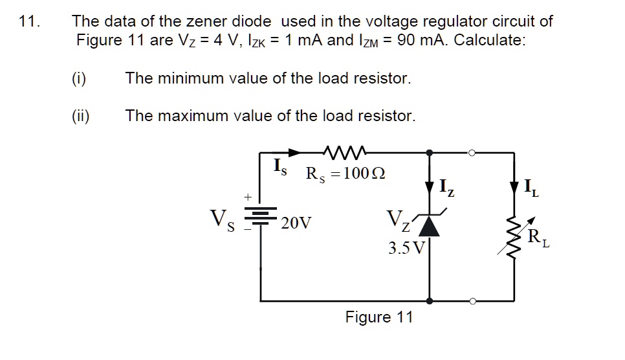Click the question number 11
[28, 21]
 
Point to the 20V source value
[296, 224]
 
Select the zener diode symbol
[430, 226]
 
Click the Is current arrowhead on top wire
[295, 153]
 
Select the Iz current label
[447, 188]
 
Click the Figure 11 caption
[378, 317]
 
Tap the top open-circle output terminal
[473, 153]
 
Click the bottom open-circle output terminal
[473, 301]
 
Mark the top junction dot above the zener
[430, 153]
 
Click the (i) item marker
[79, 79]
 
